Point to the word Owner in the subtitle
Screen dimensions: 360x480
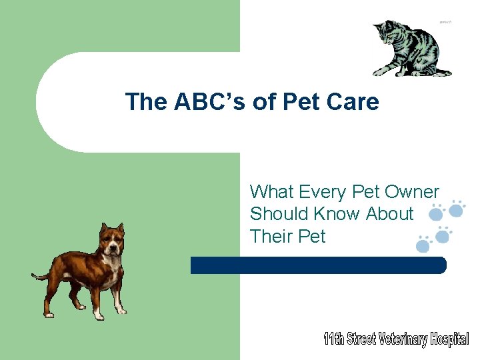412,192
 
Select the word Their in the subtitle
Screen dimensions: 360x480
270,236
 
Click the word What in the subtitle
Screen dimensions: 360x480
271,192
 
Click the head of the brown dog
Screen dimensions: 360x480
111,240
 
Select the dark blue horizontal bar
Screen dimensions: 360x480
318,265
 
